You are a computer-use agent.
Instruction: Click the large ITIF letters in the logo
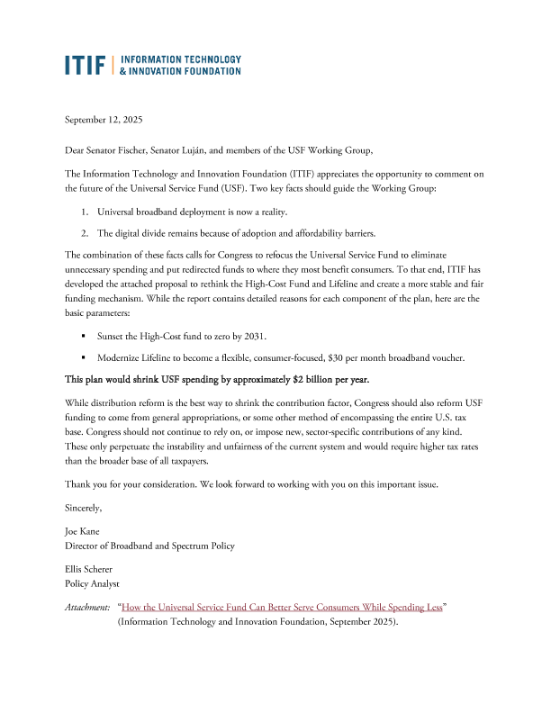[86, 64]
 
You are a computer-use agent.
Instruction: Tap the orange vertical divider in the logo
[113, 64]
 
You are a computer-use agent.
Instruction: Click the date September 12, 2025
[104, 120]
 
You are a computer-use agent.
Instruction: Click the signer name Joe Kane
[84, 531]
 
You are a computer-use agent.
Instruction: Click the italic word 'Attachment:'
[86, 608]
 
